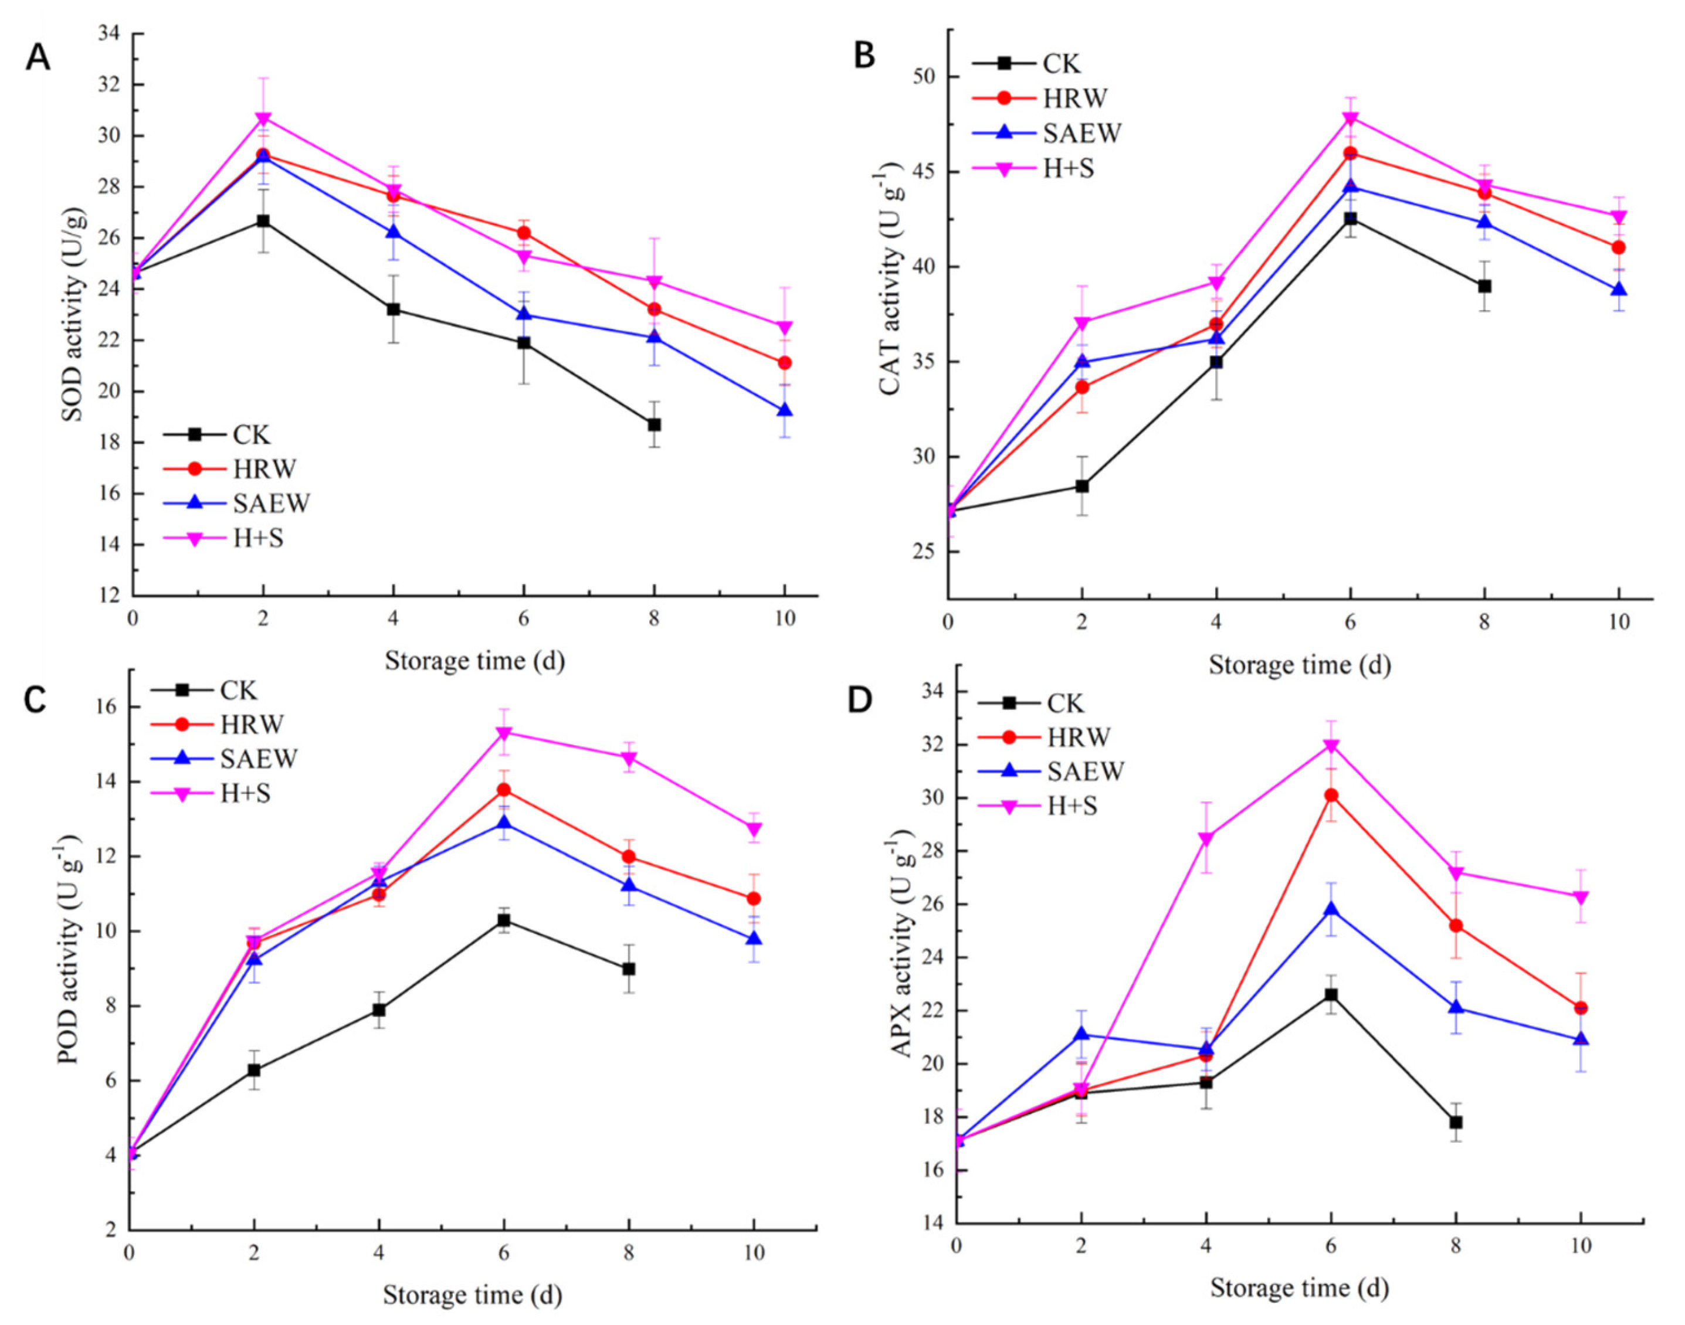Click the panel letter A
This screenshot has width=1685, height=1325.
pos(38,57)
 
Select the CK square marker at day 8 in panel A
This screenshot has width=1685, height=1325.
pos(655,424)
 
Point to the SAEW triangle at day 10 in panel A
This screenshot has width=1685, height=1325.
pos(785,410)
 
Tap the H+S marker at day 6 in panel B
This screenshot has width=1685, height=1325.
pos(1351,118)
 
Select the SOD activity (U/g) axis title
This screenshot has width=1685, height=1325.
pos(73,315)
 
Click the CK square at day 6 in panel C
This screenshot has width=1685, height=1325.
pos(504,920)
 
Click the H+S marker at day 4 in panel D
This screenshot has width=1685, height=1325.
pos(1206,838)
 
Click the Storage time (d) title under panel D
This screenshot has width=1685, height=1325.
pos(1299,1289)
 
